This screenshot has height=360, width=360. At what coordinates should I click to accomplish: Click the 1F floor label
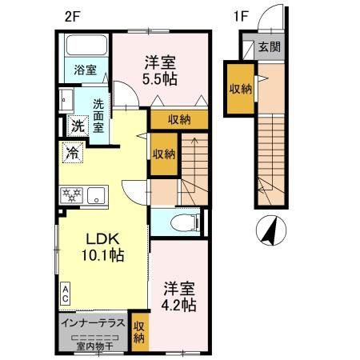239,14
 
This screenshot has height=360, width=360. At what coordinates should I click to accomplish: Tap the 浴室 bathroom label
86,70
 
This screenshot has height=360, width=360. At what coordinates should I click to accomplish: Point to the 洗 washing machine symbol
77,125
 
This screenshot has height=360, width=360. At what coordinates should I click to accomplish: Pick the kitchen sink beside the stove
96,194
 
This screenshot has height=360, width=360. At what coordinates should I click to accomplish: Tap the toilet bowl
178,224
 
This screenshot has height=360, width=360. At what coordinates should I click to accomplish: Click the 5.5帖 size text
161,78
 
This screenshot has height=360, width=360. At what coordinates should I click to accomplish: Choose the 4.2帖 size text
181,304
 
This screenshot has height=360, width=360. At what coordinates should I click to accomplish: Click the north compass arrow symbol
270,232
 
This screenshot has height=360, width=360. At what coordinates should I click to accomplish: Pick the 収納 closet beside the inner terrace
139,331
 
